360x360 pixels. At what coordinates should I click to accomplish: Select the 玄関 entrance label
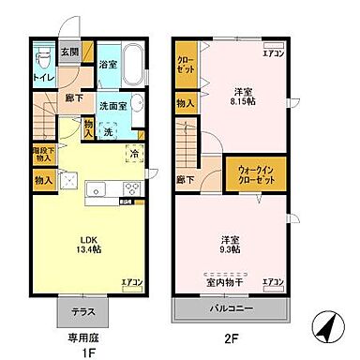tap(69, 52)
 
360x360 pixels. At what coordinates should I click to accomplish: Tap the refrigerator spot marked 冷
tap(135, 154)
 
